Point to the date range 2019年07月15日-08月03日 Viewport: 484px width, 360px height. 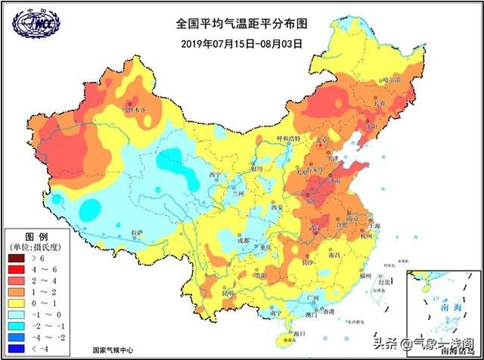pos(241,43)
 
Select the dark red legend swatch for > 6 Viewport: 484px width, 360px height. pos(17,259)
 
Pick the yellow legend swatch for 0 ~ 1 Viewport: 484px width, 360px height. pos(17,303)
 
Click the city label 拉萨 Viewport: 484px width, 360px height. pos(136,234)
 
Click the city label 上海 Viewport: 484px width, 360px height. pos(372,227)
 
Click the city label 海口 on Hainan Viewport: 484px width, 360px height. pos(299,333)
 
